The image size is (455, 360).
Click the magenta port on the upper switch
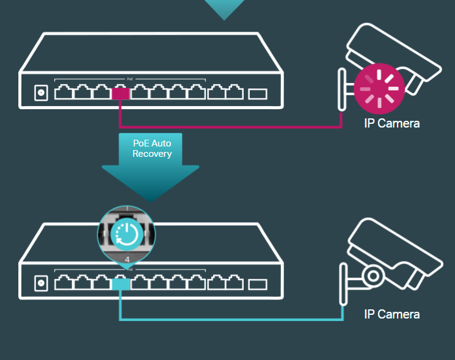click(x=120, y=93)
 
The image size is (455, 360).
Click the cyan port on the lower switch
click(x=120, y=283)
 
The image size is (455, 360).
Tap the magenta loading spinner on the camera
click(x=379, y=88)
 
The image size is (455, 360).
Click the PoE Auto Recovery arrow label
click(x=151, y=148)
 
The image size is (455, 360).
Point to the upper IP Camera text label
click(x=391, y=124)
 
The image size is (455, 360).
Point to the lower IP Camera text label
click(x=391, y=314)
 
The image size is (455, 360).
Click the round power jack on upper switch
click(x=42, y=93)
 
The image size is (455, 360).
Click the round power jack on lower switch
click(x=42, y=283)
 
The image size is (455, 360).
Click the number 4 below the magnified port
click(x=126, y=259)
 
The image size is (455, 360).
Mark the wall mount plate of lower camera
click(x=343, y=284)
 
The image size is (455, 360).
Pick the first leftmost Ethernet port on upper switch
click(x=64, y=93)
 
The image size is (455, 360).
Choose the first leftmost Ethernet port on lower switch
click(x=64, y=283)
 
